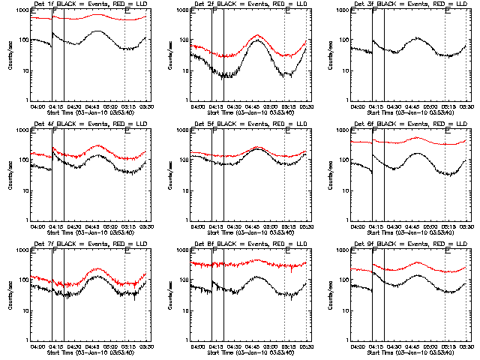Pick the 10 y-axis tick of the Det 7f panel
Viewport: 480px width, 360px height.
(25, 310)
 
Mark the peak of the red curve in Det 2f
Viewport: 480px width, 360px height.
(256, 35)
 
